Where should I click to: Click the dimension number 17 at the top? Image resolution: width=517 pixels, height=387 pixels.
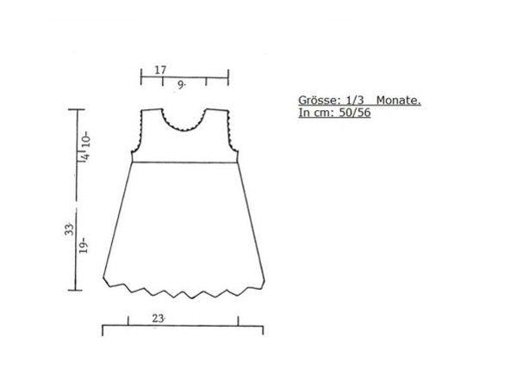point(160,70)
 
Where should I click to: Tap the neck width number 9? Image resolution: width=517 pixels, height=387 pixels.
point(181,84)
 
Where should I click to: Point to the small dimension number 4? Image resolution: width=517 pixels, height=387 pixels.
point(85,156)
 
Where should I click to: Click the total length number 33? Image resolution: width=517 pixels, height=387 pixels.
point(69,229)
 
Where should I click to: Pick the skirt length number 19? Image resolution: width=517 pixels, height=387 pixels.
point(84,245)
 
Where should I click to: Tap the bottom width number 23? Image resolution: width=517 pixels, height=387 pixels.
point(158,318)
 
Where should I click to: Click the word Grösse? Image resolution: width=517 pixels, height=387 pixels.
point(319,100)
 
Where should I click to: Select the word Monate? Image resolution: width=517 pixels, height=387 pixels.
point(399,100)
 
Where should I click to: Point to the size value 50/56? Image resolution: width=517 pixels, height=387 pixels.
point(355,113)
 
